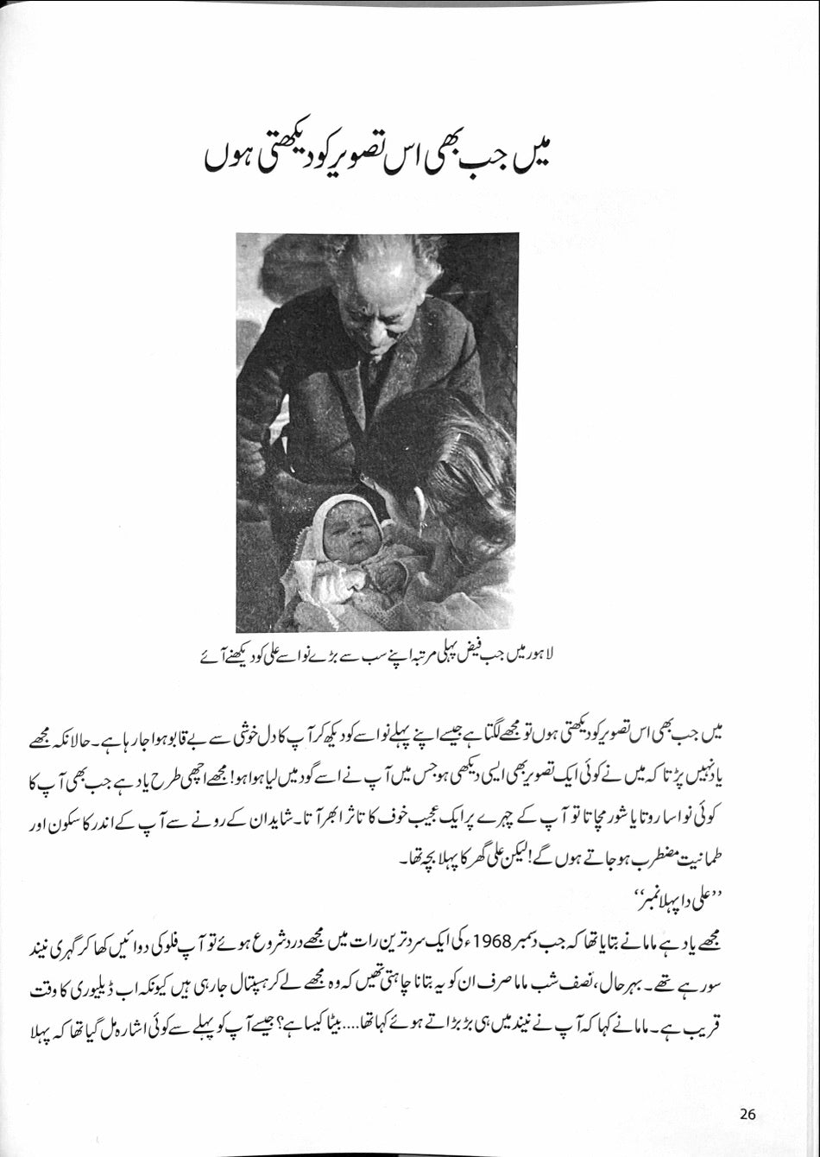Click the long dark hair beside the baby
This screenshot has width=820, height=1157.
tap(466, 484)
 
